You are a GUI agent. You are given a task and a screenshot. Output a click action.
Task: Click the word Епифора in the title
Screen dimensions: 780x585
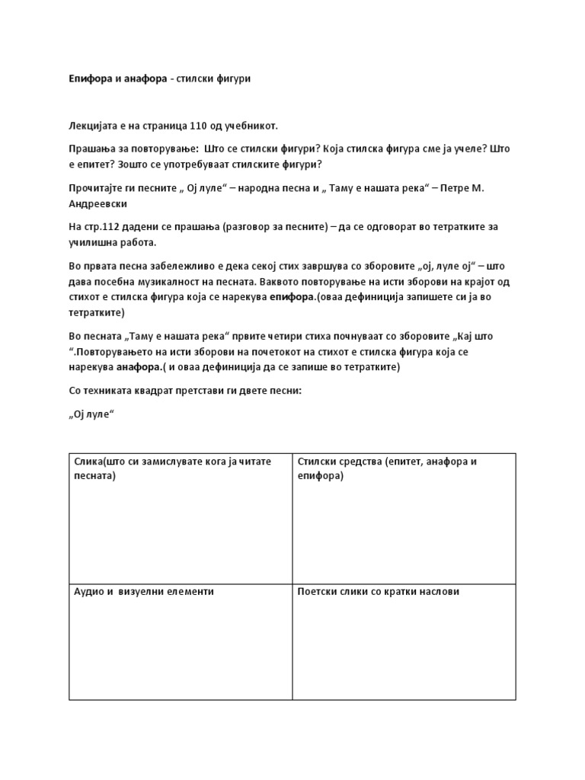(x=91, y=79)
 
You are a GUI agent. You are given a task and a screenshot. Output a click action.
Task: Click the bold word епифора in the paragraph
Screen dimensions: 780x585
(x=292, y=296)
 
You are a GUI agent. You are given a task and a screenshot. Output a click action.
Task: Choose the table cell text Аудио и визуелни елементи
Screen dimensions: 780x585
(x=144, y=591)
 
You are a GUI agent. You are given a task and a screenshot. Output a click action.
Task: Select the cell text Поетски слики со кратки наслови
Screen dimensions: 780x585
(x=379, y=591)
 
